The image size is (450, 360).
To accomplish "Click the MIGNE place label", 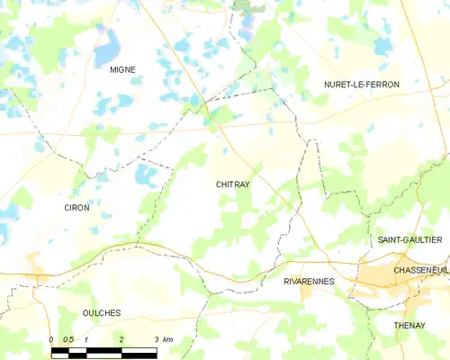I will (x=121, y=69).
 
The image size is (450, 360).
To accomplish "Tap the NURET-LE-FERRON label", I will (x=362, y=84).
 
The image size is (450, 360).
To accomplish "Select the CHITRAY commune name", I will (x=232, y=184).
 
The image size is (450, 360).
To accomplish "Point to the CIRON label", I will (x=76, y=207).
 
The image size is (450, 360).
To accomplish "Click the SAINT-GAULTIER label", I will (x=409, y=239).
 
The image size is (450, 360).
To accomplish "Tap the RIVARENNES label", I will (x=309, y=281).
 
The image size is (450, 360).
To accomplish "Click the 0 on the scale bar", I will (x=51, y=339).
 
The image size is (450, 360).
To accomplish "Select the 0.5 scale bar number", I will (x=68, y=339).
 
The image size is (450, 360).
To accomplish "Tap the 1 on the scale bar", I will (x=86, y=339).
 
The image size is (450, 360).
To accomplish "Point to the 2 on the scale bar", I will (x=121, y=339).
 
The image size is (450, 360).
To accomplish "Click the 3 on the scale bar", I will (x=156, y=339).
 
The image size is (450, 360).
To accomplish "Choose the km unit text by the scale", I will (x=167, y=339).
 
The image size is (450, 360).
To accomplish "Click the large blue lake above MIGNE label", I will (x=109, y=40).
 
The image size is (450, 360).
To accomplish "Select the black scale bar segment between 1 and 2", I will (x=103, y=349).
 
